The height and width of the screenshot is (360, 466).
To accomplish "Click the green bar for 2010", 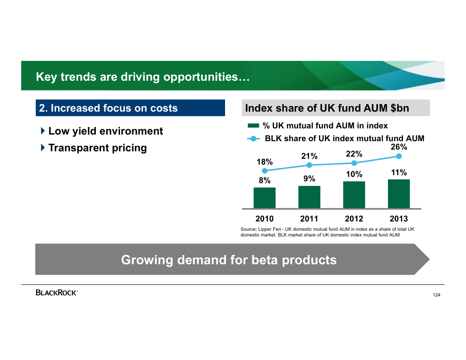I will pos(264,198).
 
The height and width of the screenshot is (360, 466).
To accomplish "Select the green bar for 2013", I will pos(399,194).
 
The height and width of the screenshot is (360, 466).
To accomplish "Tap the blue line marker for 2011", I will pos(309,165).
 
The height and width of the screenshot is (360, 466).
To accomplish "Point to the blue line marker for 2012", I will pos(354,163).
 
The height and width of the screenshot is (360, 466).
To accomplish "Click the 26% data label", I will pos(399,147).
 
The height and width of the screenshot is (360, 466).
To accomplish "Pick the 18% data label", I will pos(265,162).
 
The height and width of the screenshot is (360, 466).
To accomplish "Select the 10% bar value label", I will pos(354,174).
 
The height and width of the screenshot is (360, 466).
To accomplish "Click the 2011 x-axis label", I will pos(309,219).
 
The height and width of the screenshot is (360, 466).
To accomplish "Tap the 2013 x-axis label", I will pos(399,219).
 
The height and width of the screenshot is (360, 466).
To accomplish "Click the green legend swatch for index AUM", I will pos(253,126).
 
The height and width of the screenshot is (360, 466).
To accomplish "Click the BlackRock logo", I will pos(56,292).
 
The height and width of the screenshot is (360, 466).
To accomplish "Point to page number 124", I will pos(436,295).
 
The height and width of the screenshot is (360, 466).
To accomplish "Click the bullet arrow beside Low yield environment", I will pos(43,131).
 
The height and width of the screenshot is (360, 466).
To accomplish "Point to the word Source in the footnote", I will pos(248,229).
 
